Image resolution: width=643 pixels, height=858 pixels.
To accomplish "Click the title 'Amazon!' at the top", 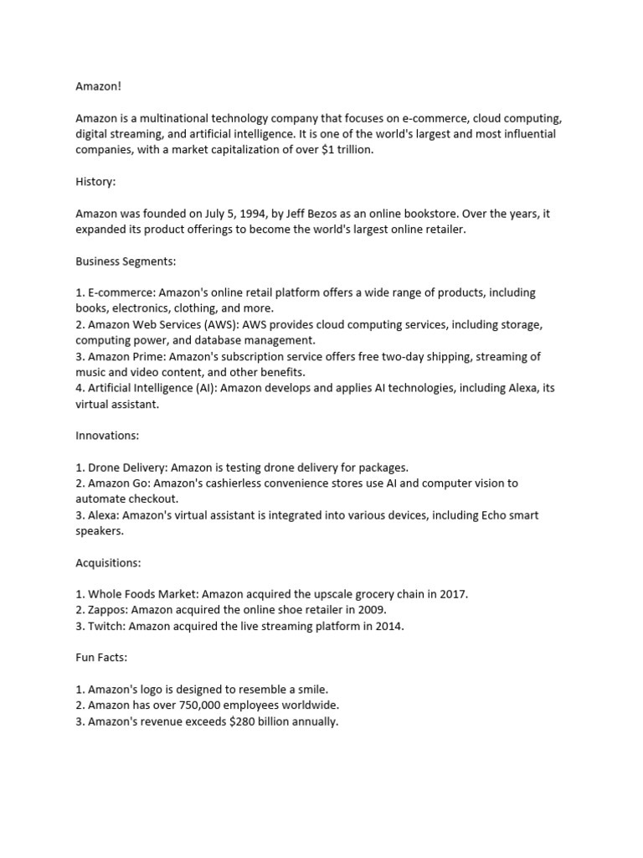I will click(x=99, y=86).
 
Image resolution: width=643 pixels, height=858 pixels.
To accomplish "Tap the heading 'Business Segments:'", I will click(x=126, y=261).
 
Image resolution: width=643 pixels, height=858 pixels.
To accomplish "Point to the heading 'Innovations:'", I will click(x=107, y=436).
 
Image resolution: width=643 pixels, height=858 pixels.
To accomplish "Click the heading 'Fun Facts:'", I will click(x=101, y=658).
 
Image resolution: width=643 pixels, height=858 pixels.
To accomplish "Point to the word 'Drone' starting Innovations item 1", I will click(x=105, y=468).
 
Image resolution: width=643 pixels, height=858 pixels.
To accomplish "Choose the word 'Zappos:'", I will click(x=108, y=610).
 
